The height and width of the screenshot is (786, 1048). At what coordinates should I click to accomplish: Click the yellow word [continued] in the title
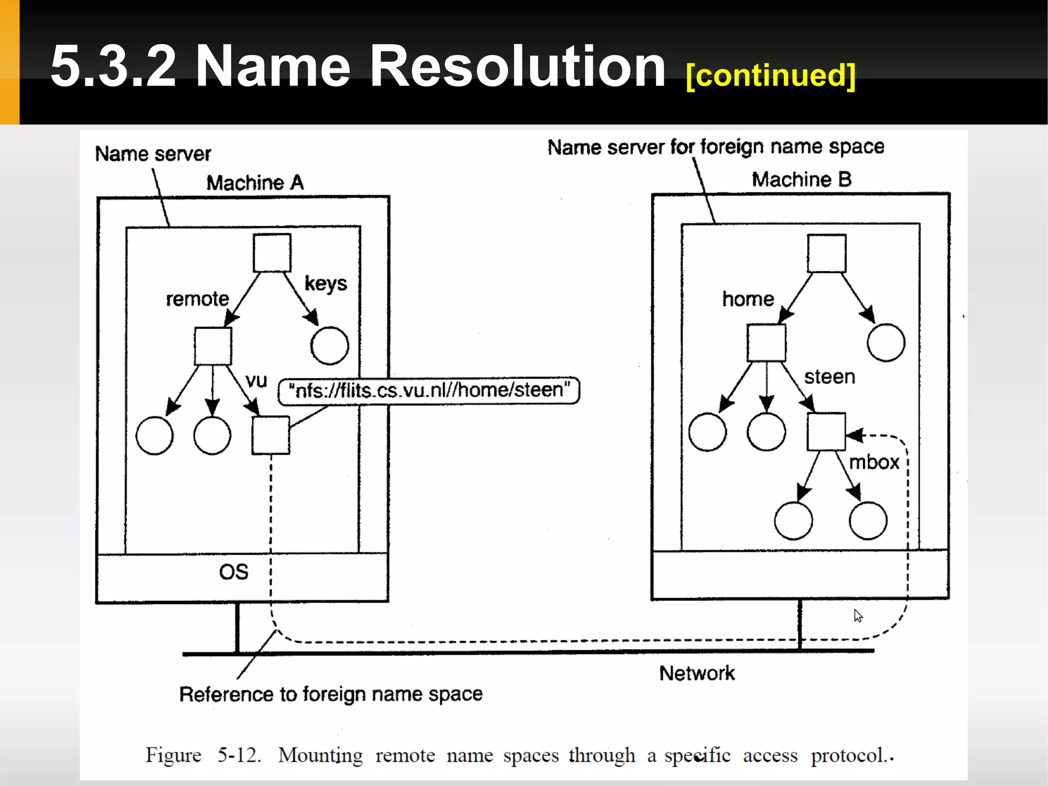tap(770, 75)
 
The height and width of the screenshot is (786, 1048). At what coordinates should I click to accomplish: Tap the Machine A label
tap(255, 183)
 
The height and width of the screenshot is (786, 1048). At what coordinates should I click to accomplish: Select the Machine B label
tap(801, 180)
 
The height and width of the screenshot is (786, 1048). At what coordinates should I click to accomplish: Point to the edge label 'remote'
tap(197, 299)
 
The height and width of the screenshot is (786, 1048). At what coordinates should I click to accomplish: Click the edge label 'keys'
tap(325, 283)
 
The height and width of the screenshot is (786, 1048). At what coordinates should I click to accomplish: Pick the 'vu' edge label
tap(256, 380)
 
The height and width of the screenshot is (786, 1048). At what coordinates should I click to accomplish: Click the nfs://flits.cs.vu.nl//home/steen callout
tap(429, 391)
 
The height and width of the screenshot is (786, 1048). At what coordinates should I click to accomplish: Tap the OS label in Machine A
tap(234, 572)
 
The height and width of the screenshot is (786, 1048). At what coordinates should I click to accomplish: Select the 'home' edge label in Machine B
tap(748, 299)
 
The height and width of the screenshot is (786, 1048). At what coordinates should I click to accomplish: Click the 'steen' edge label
tap(829, 377)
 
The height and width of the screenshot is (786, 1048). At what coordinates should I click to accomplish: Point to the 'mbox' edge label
tap(874, 462)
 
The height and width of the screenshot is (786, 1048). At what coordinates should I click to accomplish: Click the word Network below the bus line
tap(697, 673)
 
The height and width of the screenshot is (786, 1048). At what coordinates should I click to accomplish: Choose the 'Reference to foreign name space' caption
tap(331, 694)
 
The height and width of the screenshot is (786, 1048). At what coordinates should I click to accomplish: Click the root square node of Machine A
tap(272, 253)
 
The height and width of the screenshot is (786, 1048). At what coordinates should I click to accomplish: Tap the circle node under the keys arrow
tap(330, 346)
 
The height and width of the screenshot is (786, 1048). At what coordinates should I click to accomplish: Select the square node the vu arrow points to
tap(271, 435)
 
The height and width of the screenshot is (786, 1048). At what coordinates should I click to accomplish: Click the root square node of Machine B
tap(826, 253)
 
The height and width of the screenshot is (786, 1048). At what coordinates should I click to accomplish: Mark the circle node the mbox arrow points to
tap(868, 521)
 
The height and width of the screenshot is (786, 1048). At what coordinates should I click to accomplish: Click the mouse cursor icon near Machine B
tap(858, 615)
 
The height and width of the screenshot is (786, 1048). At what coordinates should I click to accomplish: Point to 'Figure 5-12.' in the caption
tap(203, 755)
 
